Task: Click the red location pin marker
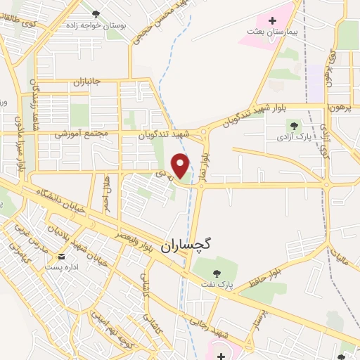coord(181,165)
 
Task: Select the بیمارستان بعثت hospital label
coord(272,32)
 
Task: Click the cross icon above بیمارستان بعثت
coord(272,20)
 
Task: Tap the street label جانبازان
coord(87,82)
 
